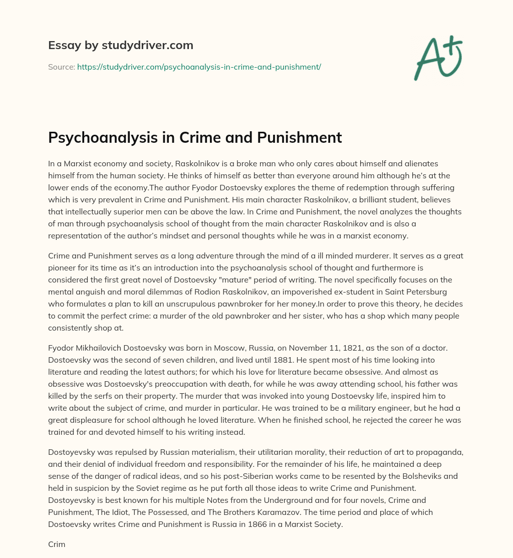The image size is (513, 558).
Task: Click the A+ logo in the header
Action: coord(437,58)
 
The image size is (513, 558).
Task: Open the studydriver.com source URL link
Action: coord(199,66)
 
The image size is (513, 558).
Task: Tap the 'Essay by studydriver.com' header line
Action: coord(121,45)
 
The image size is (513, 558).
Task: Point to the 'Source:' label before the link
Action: coord(61,66)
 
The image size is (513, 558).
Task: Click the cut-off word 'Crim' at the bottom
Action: coord(57,544)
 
